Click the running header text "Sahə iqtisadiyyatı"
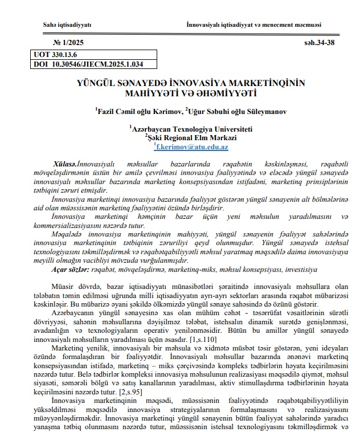point(67,24)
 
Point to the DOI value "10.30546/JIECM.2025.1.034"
point(96,64)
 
